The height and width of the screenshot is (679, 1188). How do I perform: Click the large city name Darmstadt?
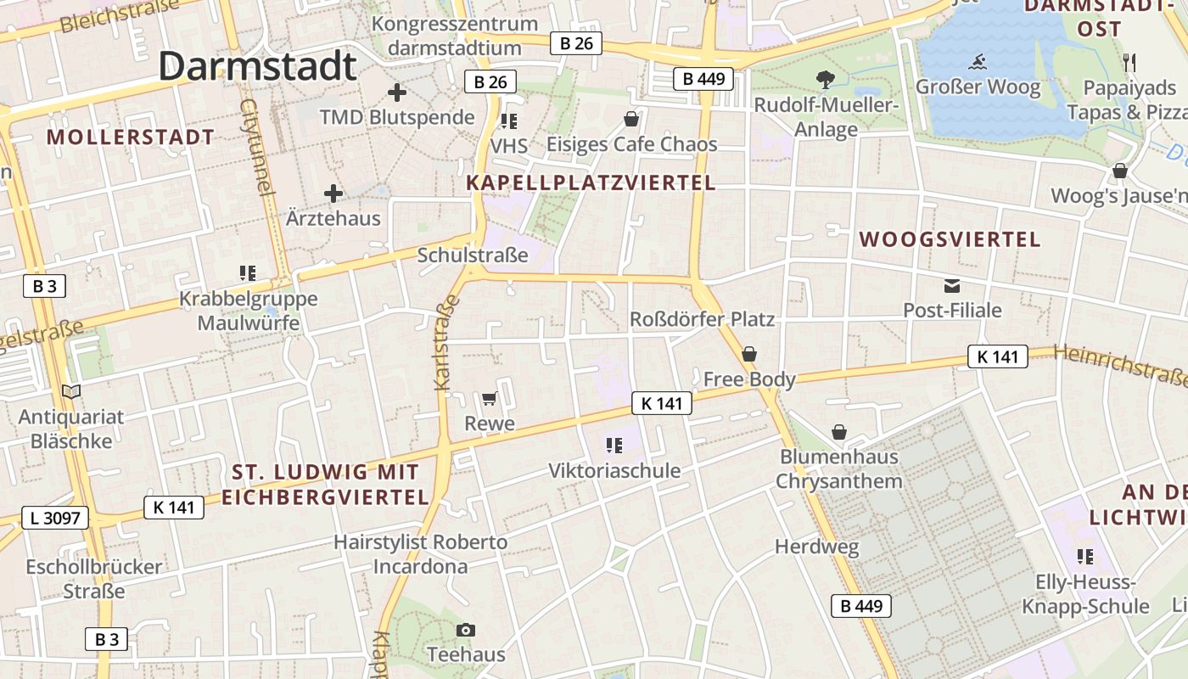coord(257,66)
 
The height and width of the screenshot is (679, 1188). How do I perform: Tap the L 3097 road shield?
coord(55,517)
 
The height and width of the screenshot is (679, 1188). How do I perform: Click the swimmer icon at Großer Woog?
coord(977,62)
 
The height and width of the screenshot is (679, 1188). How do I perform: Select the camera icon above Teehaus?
coord(465,630)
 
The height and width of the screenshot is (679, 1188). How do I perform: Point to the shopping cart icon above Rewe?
coord(489,398)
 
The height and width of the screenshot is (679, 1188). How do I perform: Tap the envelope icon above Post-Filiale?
coord(951,286)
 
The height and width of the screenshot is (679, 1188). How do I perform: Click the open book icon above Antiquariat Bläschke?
coord(71,391)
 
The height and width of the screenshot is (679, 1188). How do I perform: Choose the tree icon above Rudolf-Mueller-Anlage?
coord(825,81)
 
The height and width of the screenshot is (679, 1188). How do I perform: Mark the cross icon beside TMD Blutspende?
coord(396,93)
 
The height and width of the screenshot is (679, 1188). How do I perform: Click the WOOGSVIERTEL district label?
coord(950,239)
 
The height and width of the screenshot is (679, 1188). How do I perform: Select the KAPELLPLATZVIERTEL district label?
coord(591,182)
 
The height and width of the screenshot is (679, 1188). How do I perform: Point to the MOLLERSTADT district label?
coord(131,137)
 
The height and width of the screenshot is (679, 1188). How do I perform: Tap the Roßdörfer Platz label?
coord(702,319)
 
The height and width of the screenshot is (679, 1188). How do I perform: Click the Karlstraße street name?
coord(446,342)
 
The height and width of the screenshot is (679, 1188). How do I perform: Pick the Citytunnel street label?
coord(258,147)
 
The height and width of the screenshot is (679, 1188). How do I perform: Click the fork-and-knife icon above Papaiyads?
coord(1129,61)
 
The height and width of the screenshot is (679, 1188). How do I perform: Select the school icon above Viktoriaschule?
coord(614,445)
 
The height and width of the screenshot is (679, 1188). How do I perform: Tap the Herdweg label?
coord(817,547)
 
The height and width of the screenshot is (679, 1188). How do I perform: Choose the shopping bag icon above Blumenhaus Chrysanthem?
coord(839,432)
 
